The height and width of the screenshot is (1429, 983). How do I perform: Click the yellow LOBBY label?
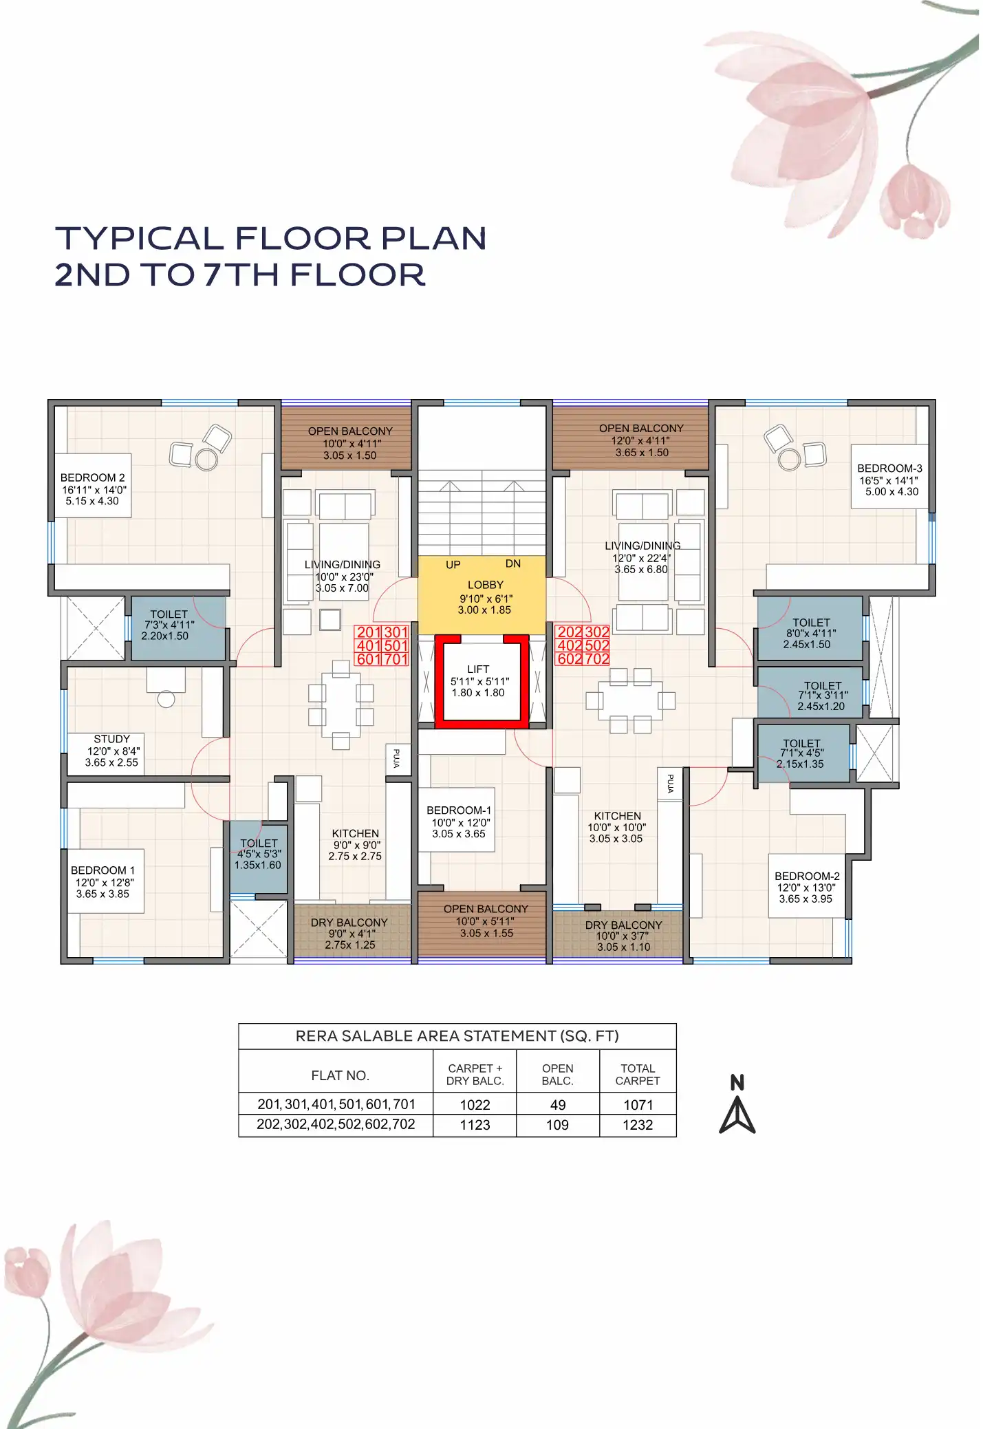tap(485, 585)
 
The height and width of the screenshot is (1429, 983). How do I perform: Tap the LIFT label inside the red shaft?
tap(478, 669)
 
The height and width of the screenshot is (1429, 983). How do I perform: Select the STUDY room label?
tap(111, 739)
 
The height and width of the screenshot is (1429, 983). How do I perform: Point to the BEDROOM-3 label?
tap(889, 469)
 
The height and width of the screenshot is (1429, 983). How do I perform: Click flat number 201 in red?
tap(369, 632)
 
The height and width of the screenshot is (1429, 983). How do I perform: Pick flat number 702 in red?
tap(597, 659)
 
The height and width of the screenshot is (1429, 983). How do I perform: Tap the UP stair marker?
tap(453, 565)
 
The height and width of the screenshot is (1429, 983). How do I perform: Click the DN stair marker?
tap(513, 563)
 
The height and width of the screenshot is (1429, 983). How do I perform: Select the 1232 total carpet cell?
tap(638, 1125)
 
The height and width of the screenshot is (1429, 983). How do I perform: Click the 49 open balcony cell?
tap(558, 1105)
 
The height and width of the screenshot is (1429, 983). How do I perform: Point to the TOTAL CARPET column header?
tap(638, 1075)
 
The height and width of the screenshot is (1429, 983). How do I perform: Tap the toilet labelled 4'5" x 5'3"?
tap(259, 854)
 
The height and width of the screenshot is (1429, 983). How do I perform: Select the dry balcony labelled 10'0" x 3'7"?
tap(623, 936)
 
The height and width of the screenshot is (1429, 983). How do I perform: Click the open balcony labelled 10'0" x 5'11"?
tap(486, 921)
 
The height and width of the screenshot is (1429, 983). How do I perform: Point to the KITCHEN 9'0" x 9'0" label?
tap(355, 844)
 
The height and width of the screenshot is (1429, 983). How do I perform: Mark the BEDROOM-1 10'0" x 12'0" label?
tap(459, 821)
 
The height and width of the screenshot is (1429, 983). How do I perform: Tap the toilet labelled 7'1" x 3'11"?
tap(822, 696)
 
